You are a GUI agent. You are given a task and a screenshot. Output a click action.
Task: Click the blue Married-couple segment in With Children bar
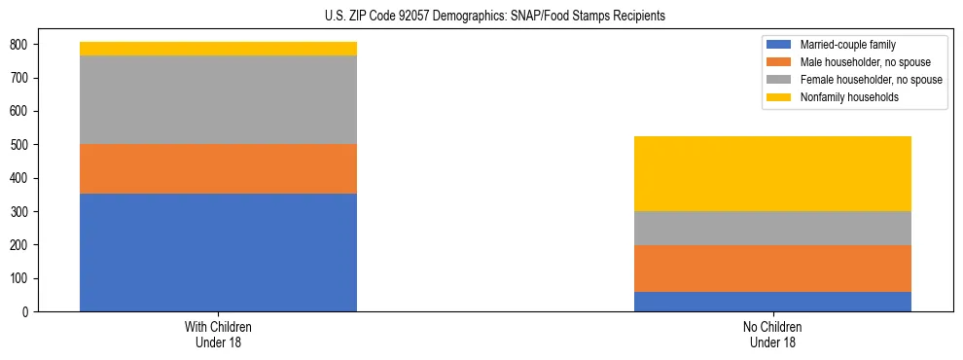click(218, 252)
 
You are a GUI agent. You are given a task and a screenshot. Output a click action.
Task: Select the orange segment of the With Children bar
click(218, 168)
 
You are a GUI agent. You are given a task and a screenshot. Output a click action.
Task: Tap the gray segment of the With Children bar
click(218, 99)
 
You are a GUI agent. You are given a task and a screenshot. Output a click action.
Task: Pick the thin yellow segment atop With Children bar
click(218, 49)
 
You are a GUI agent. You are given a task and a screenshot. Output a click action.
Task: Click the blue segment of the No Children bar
click(772, 302)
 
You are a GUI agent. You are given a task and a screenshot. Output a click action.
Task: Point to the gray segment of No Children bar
click(772, 228)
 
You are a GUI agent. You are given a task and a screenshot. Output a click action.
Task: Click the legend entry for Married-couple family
click(845, 45)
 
